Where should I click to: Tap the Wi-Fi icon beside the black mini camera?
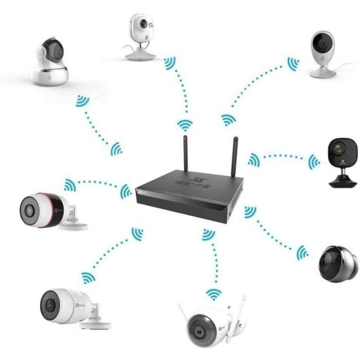click(x=313, y=162)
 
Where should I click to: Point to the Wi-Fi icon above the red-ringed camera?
click(x=69, y=184)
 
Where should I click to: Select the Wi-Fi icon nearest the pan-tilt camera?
click(x=82, y=103)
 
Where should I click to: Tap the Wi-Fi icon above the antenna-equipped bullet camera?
click(x=213, y=293)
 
